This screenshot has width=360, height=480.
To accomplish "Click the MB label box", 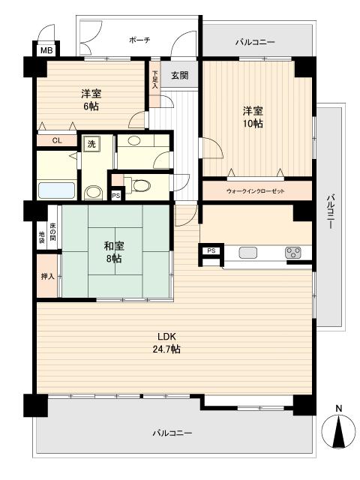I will point(46,51).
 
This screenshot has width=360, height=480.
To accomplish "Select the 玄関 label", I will point(178,75).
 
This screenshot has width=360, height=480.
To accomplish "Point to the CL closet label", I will point(57,140).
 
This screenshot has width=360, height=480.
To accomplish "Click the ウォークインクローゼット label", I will point(256,192).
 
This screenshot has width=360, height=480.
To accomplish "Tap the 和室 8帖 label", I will point(114,250).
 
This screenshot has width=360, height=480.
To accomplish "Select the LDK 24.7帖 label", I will point(166,343).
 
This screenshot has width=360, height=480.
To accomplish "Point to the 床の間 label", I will point(53,234).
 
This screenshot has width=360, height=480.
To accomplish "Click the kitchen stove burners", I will point(292,253).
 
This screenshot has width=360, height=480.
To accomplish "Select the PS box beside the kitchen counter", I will point(211,250).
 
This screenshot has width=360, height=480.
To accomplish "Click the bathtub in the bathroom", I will point(56,191).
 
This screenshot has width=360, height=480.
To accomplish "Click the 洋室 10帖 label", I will point(252,117).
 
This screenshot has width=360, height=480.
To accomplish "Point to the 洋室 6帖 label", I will point(91,100).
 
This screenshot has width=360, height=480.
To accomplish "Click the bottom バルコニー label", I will point(172,433).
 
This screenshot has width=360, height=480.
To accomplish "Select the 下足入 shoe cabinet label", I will point(155,80).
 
